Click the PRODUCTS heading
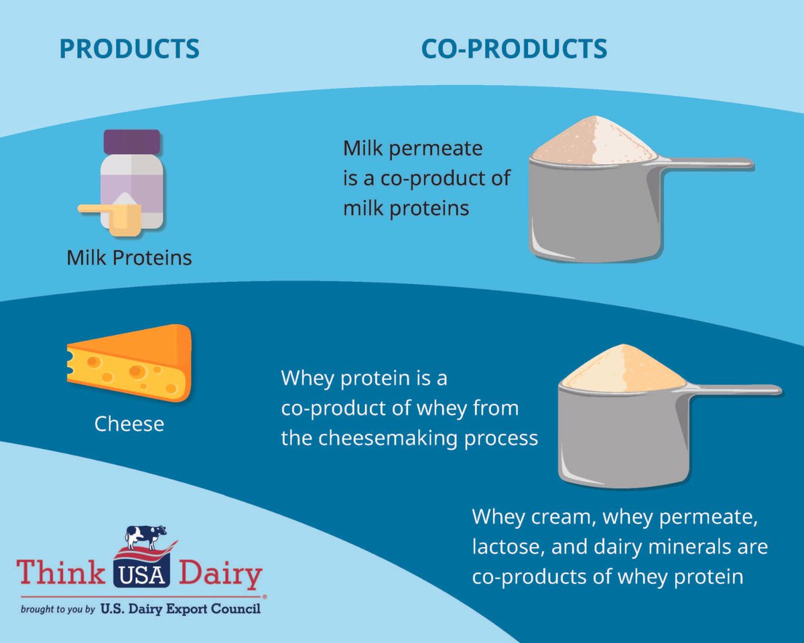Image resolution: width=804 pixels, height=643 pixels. (129, 50)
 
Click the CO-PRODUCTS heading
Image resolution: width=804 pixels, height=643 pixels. (514, 50)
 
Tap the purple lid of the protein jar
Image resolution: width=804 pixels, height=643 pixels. (131, 141)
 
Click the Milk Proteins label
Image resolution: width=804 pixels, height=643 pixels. (129, 257)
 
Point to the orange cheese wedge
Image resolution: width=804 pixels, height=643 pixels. (131, 362)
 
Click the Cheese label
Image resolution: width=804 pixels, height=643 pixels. (129, 424)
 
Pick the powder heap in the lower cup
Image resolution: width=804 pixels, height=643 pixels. (623, 368)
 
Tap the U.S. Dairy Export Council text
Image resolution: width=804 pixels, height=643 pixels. (180, 610)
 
